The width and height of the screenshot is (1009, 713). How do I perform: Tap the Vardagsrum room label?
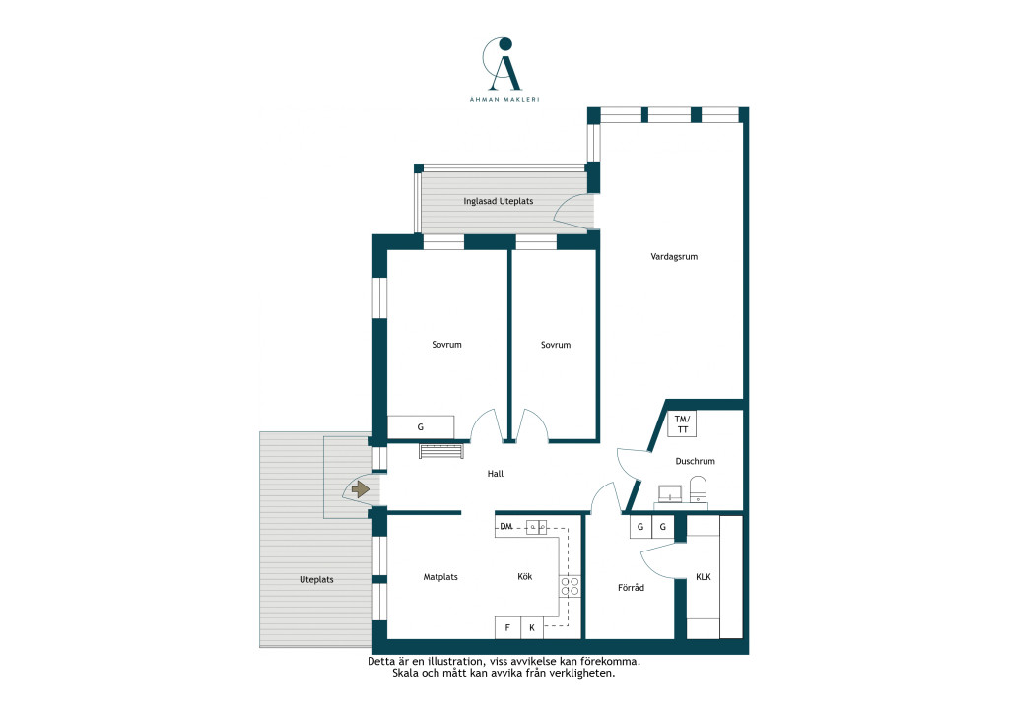click(674, 256)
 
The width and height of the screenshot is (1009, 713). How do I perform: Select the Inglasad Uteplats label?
click(498, 201)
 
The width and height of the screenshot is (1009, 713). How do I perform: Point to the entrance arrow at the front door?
click(361, 489)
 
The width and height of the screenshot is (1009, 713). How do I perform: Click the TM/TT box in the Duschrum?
click(682, 424)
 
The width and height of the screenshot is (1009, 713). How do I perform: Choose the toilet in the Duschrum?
click(698, 489)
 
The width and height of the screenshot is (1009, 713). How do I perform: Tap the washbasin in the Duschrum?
click(672, 493)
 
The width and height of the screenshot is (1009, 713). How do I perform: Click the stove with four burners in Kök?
click(570, 586)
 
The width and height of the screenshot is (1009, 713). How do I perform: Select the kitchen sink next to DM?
click(537, 527)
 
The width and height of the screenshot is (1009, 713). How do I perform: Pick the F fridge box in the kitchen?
click(507, 627)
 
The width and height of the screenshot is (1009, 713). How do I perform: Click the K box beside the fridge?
click(531, 627)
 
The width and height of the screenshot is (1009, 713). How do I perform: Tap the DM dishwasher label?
click(505, 527)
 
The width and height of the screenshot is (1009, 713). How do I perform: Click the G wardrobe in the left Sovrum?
click(421, 426)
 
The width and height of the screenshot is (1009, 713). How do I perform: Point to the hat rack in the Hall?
click(441, 451)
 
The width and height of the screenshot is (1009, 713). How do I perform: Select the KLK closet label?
click(704, 577)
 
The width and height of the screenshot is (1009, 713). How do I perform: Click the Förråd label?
click(631, 588)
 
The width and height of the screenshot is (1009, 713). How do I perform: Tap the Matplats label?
click(440, 577)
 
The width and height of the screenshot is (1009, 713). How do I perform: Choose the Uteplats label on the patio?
click(316, 580)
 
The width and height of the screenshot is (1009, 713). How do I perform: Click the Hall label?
click(495, 474)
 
